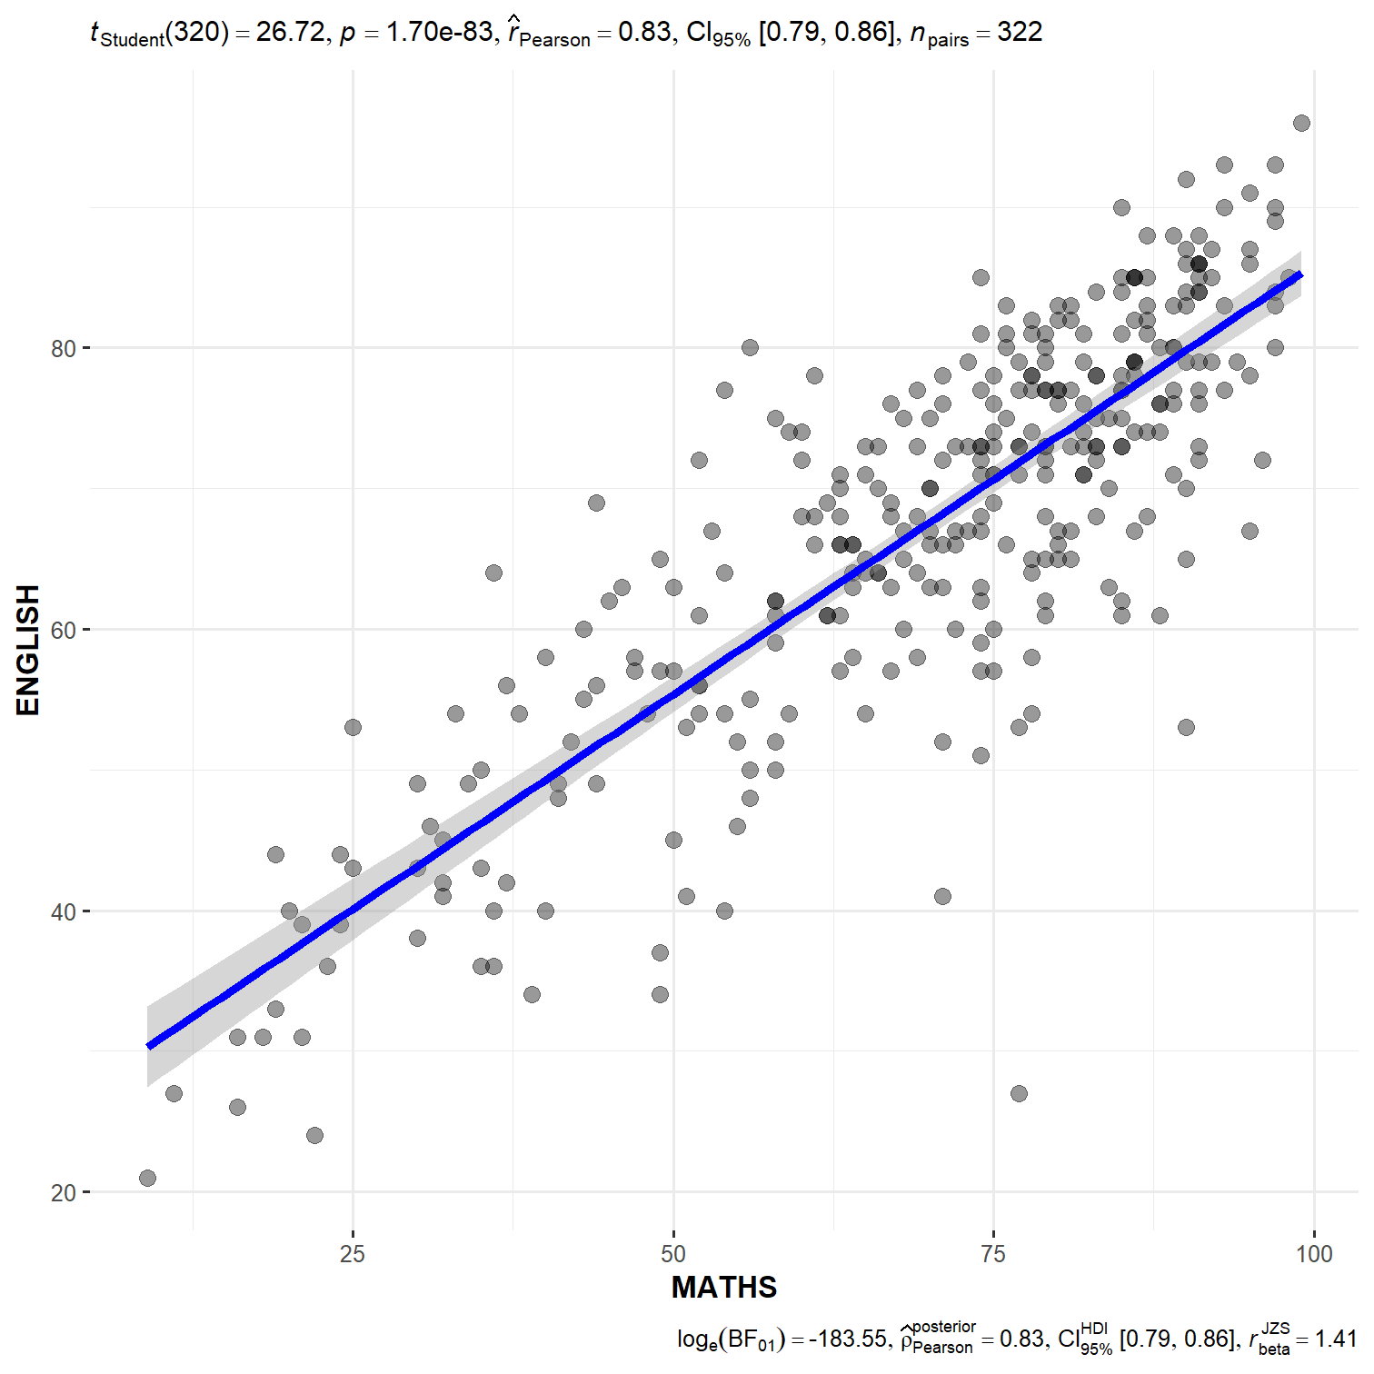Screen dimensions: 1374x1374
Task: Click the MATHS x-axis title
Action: pos(724,1287)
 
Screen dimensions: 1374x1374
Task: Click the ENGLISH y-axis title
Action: pos(28,650)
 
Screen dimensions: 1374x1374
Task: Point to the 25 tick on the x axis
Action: pos(353,1254)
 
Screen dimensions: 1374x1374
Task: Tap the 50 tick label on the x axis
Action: pos(673,1254)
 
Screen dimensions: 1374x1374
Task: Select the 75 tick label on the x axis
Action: pos(993,1254)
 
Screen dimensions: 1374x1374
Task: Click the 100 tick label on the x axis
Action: pos(1314,1254)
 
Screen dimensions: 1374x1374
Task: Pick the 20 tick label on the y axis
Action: pos(64,1192)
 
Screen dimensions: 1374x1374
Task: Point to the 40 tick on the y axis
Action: pos(64,911)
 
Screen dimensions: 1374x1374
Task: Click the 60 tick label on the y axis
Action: pos(64,630)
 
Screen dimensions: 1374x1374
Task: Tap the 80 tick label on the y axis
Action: pos(64,348)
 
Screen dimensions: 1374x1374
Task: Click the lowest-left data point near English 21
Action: pos(147,1178)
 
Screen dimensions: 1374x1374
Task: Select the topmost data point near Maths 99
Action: pos(1301,123)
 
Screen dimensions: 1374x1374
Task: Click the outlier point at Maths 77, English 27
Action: pos(1019,1093)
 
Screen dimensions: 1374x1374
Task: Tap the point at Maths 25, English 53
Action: pos(353,727)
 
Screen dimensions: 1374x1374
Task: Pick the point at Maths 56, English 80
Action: pos(750,347)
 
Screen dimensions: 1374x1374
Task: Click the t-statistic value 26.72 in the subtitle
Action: pos(290,33)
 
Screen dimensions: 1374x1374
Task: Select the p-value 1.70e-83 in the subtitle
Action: pos(440,33)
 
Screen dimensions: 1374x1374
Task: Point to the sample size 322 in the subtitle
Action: pos(1020,33)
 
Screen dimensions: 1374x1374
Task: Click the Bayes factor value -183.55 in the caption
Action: pos(847,1339)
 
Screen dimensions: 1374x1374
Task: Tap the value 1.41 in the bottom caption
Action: pos(1335,1339)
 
